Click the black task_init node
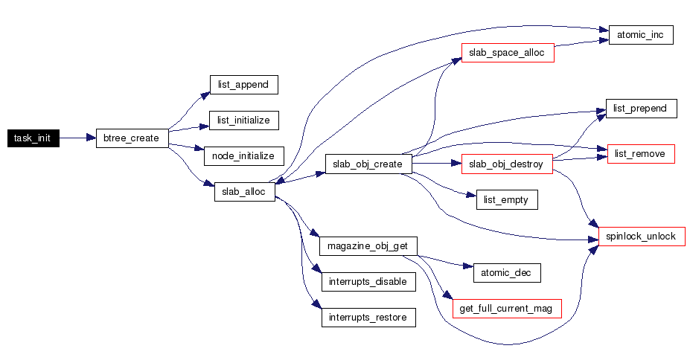pyautogui.click(x=32, y=138)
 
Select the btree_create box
pyautogui.click(x=132, y=138)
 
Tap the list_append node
pyautogui.click(x=243, y=85)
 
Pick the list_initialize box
pyautogui.click(x=243, y=120)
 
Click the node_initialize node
pyautogui.click(x=243, y=156)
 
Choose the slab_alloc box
pyautogui.click(x=245, y=191)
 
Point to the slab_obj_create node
pyautogui.click(x=368, y=164)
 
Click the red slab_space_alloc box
pyautogui.click(x=508, y=53)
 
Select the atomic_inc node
pyautogui.click(x=641, y=35)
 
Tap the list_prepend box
pyautogui.click(x=641, y=109)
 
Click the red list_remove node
pyautogui.click(x=641, y=155)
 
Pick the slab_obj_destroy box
pyautogui.click(x=508, y=164)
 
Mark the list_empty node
pyautogui.click(x=506, y=199)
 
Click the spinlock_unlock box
pyautogui.click(x=641, y=237)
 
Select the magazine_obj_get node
pyautogui.click(x=368, y=245)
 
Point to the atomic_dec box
pyautogui.click(x=506, y=272)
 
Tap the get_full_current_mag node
pyautogui.click(x=506, y=308)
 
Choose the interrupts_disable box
pyautogui.click(x=368, y=282)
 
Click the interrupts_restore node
pyautogui.click(x=368, y=318)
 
